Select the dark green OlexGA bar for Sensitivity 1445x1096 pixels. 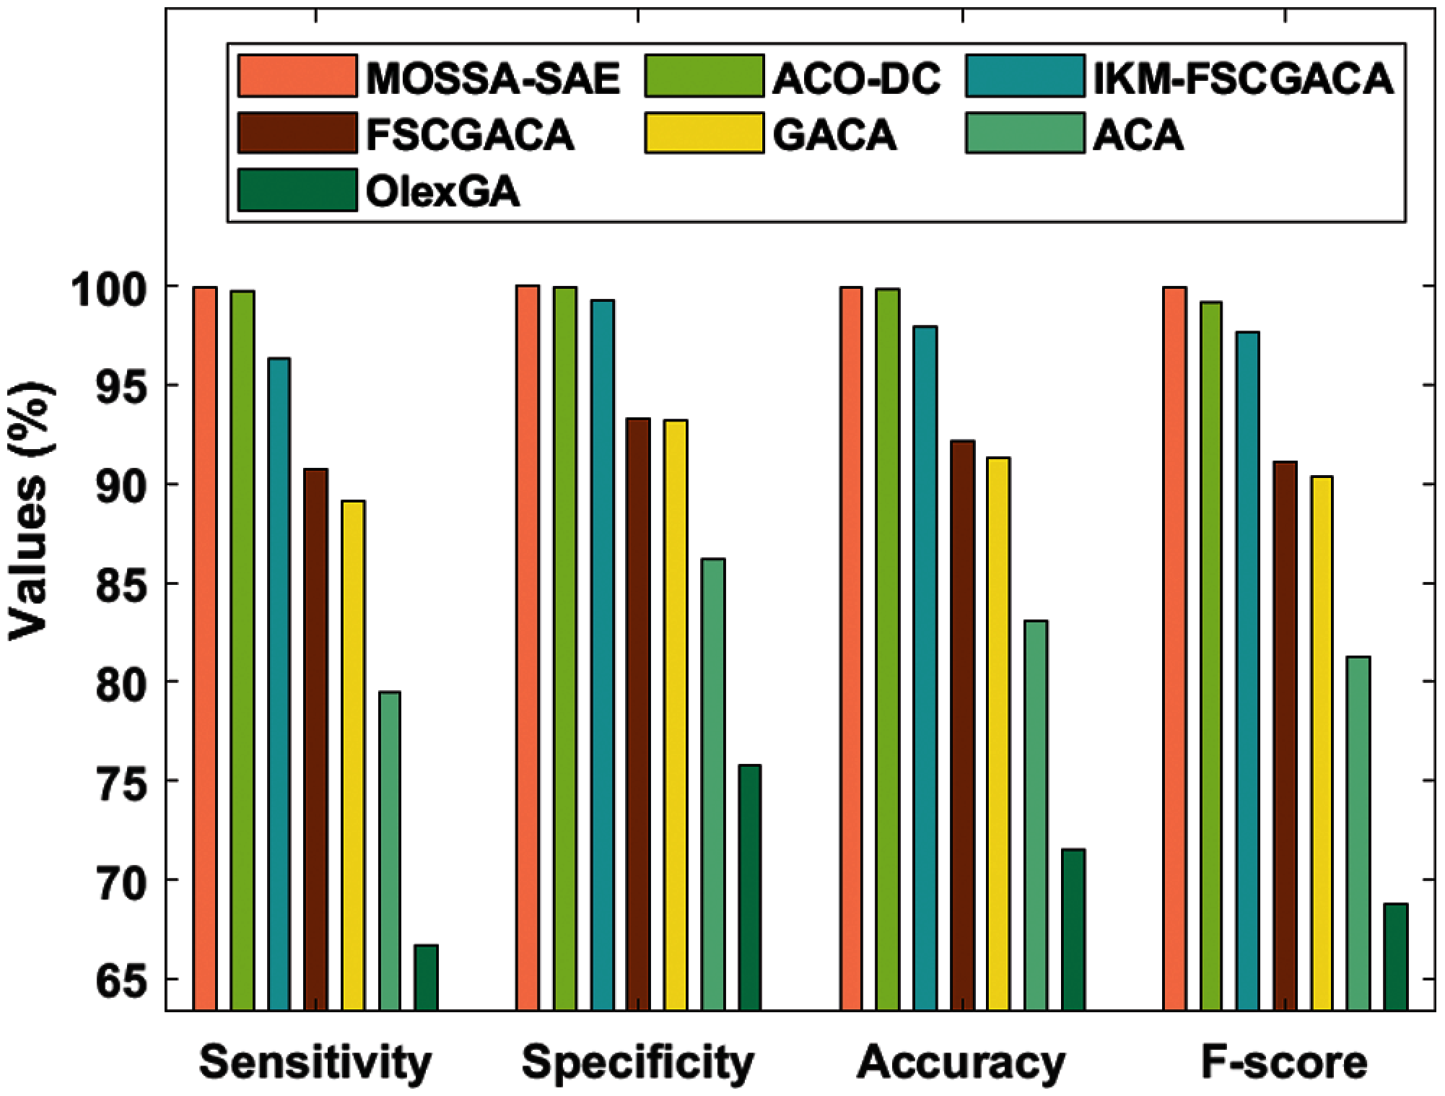(426, 978)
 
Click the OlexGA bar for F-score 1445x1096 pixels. (1396, 957)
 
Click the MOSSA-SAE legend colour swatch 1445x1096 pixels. (297, 76)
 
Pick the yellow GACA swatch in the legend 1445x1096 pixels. (704, 133)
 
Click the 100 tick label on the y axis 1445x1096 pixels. (116, 286)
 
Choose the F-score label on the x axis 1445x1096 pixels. (1284, 1063)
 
